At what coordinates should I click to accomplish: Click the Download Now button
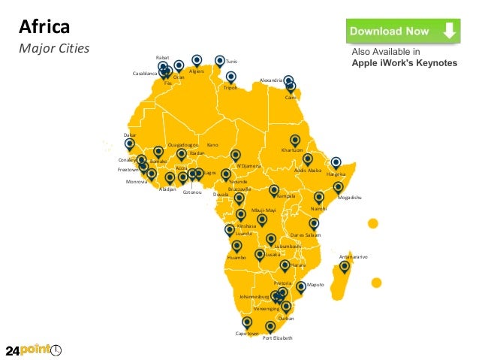[x=402, y=32]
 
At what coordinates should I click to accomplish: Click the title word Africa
[x=44, y=28]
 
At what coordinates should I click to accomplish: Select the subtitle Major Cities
[x=54, y=49]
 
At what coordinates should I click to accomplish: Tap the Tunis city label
[x=231, y=60]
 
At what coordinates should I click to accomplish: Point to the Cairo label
[x=291, y=98]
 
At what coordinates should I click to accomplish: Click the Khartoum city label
[x=291, y=150]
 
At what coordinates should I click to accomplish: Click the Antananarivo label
[x=353, y=256]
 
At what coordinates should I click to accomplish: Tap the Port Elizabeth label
[x=277, y=338]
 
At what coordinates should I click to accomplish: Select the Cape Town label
[x=247, y=333]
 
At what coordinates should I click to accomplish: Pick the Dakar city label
[x=129, y=135]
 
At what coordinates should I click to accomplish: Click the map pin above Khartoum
[x=295, y=139]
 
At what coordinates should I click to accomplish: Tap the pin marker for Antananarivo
[x=345, y=265]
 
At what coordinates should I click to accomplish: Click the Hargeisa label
[x=336, y=174]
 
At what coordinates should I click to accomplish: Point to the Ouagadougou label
[x=183, y=144]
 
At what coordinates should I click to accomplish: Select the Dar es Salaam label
[x=306, y=235]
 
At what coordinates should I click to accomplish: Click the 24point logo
[x=34, y=350]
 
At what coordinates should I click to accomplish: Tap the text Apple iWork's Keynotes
[x=405, y=63]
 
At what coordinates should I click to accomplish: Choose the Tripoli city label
[x=230, y=88]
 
